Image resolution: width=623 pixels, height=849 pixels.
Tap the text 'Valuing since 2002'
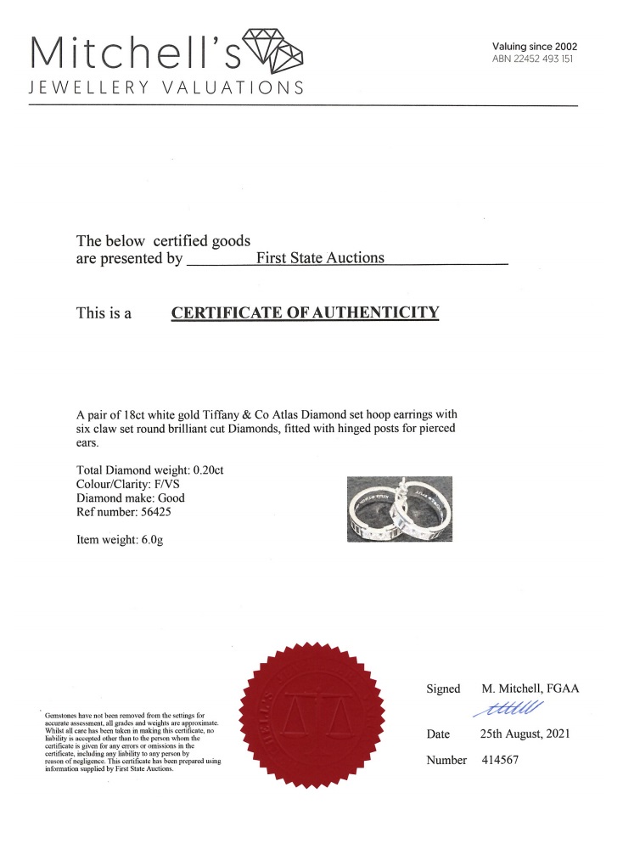click(534, 46)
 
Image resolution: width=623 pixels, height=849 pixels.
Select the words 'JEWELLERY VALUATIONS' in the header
click(166, 87)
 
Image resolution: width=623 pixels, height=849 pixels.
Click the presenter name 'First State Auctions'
click(320, 258)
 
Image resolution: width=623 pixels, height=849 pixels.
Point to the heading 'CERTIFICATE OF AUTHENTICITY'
click(306, 312)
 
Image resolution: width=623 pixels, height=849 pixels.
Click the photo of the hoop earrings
click(401, 509)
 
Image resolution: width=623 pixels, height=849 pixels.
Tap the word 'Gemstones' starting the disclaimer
click(60, 716)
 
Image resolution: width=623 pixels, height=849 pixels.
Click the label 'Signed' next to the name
click(443, 689)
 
